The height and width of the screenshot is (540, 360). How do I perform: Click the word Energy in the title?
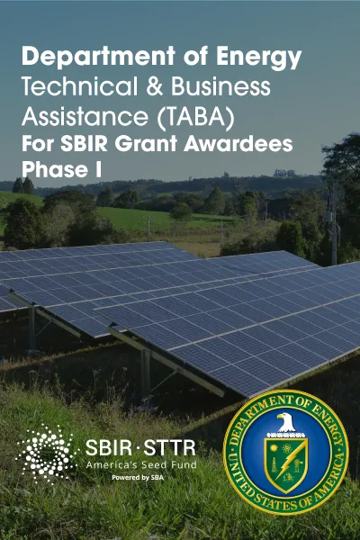(258, 58)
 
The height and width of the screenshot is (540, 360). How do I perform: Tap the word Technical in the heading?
(79, 86)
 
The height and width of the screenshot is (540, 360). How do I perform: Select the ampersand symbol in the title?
(154, 86)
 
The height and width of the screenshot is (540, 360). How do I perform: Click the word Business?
(220, 86)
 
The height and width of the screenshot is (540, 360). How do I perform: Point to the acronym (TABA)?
(195, 117)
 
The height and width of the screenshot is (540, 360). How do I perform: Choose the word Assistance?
(85, 116)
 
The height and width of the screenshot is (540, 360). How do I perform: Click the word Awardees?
(238, 144)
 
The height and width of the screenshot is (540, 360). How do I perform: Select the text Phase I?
(62, 169)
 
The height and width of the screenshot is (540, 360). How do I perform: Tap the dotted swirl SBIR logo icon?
(47, 454)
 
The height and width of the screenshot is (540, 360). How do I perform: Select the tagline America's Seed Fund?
(141, 465)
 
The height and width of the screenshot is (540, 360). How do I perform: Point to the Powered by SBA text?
(138, 478)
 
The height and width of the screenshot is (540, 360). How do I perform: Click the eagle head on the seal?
(286, 422)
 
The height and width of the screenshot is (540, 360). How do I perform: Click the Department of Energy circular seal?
(286, 452)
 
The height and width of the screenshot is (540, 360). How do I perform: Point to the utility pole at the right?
(334, 223)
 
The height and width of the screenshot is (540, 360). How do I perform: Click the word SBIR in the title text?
(84, 144)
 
